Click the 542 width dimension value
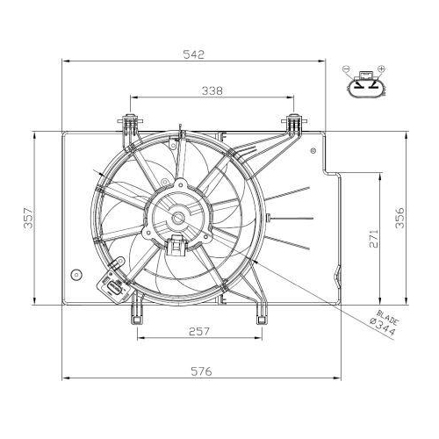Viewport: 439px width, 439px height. pyautogui.click(x=193, y=54)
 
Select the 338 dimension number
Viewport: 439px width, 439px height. pyautogui.click(x=212, y=90)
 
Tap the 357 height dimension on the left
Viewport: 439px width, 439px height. pyautogui.click(x=29, y=218)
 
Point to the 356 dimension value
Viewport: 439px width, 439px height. pyautogui.click(x=400, y=218)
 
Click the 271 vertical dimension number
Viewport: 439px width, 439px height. pyautogui.click(x=374, y=238)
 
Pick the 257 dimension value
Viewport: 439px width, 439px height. pyautogui.click(x=199, y=331)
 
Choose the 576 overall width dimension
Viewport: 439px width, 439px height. pyautogui.click(x=201, y=371)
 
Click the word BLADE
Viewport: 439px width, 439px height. pyautogui.click(x=388, y=318)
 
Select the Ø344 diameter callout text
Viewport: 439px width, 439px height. pyautogui.click(x=383, y=327)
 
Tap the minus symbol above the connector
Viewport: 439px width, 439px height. pyautogui.click(x=346, y=69)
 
